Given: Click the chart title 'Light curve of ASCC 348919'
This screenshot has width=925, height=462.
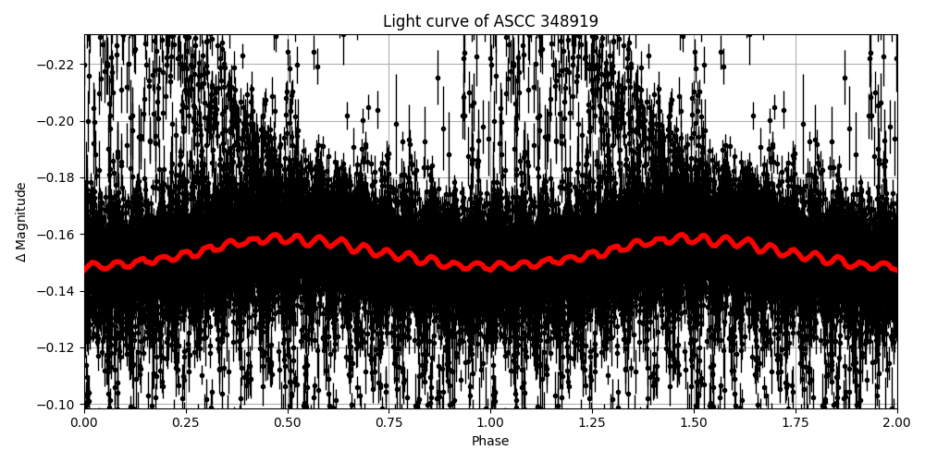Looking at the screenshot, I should [490, 21].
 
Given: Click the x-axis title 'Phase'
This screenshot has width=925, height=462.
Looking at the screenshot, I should [490, 442].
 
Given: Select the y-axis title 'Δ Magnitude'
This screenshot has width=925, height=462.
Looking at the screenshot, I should [20, 222].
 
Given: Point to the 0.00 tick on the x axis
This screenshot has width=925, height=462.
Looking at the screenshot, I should [84, 422].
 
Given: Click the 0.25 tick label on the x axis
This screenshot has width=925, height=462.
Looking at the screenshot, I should [186, 422].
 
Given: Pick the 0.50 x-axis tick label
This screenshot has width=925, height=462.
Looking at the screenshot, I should [288, 422].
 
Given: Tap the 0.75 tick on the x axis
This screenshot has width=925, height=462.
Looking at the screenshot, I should [388, 422].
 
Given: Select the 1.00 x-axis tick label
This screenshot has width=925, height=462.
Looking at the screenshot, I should [490, 422].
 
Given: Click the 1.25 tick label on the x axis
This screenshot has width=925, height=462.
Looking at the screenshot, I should [592, 422].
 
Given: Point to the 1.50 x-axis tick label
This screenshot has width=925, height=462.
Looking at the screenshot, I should [694, 422].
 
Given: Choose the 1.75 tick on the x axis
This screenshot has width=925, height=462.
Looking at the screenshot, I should [795, 422].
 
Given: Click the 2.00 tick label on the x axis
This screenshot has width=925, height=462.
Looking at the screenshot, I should [896, 422].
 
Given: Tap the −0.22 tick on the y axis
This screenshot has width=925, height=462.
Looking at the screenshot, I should [57, 65].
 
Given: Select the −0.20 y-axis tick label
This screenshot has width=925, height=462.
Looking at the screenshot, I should [57, 121].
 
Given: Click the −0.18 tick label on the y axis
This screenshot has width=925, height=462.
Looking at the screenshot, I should [57, 178].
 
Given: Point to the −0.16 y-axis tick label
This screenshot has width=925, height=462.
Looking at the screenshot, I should [57, 235].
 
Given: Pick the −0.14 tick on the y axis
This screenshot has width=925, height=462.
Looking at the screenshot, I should [57, 291].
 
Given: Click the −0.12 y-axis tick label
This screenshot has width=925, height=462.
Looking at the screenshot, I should [57, 348].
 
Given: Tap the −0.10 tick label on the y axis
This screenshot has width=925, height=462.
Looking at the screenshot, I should [57, 405].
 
